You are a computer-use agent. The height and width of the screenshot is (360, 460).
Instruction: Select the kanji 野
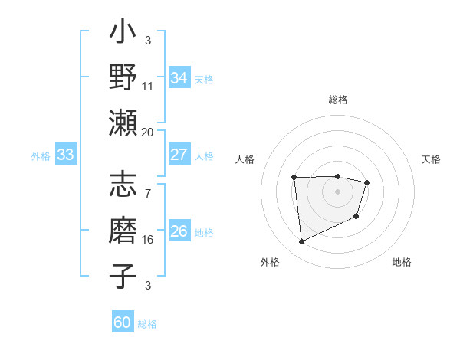[123, 77]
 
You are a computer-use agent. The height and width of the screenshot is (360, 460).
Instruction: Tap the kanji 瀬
[123, 122]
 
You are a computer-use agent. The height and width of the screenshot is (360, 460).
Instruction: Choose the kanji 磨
[123, 229]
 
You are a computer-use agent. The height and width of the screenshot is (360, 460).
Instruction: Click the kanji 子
[123, 275]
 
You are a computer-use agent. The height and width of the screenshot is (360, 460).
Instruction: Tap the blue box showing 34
[179, 78]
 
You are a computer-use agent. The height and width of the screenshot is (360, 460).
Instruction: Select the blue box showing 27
[179, 155]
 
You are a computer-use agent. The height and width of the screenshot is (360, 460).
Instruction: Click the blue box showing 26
[179, 231]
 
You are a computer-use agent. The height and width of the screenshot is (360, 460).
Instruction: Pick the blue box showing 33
[66, 155]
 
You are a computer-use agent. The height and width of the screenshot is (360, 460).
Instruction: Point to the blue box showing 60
[123, 322]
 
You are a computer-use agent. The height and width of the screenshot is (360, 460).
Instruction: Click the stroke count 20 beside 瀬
[147, 132]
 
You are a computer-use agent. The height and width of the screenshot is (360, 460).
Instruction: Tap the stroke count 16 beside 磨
[147, 239]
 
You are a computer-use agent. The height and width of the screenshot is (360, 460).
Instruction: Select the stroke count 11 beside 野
[147, 86]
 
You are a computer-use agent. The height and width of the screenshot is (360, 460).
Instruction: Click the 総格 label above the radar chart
[337, 100]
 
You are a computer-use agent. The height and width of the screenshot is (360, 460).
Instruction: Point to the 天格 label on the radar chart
[431, 159]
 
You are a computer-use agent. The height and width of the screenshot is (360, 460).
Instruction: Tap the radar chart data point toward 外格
[301, 242]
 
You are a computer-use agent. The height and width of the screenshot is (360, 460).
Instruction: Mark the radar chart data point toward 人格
[294, 178]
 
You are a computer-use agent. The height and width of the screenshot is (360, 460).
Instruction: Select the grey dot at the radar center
[337, 191]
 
